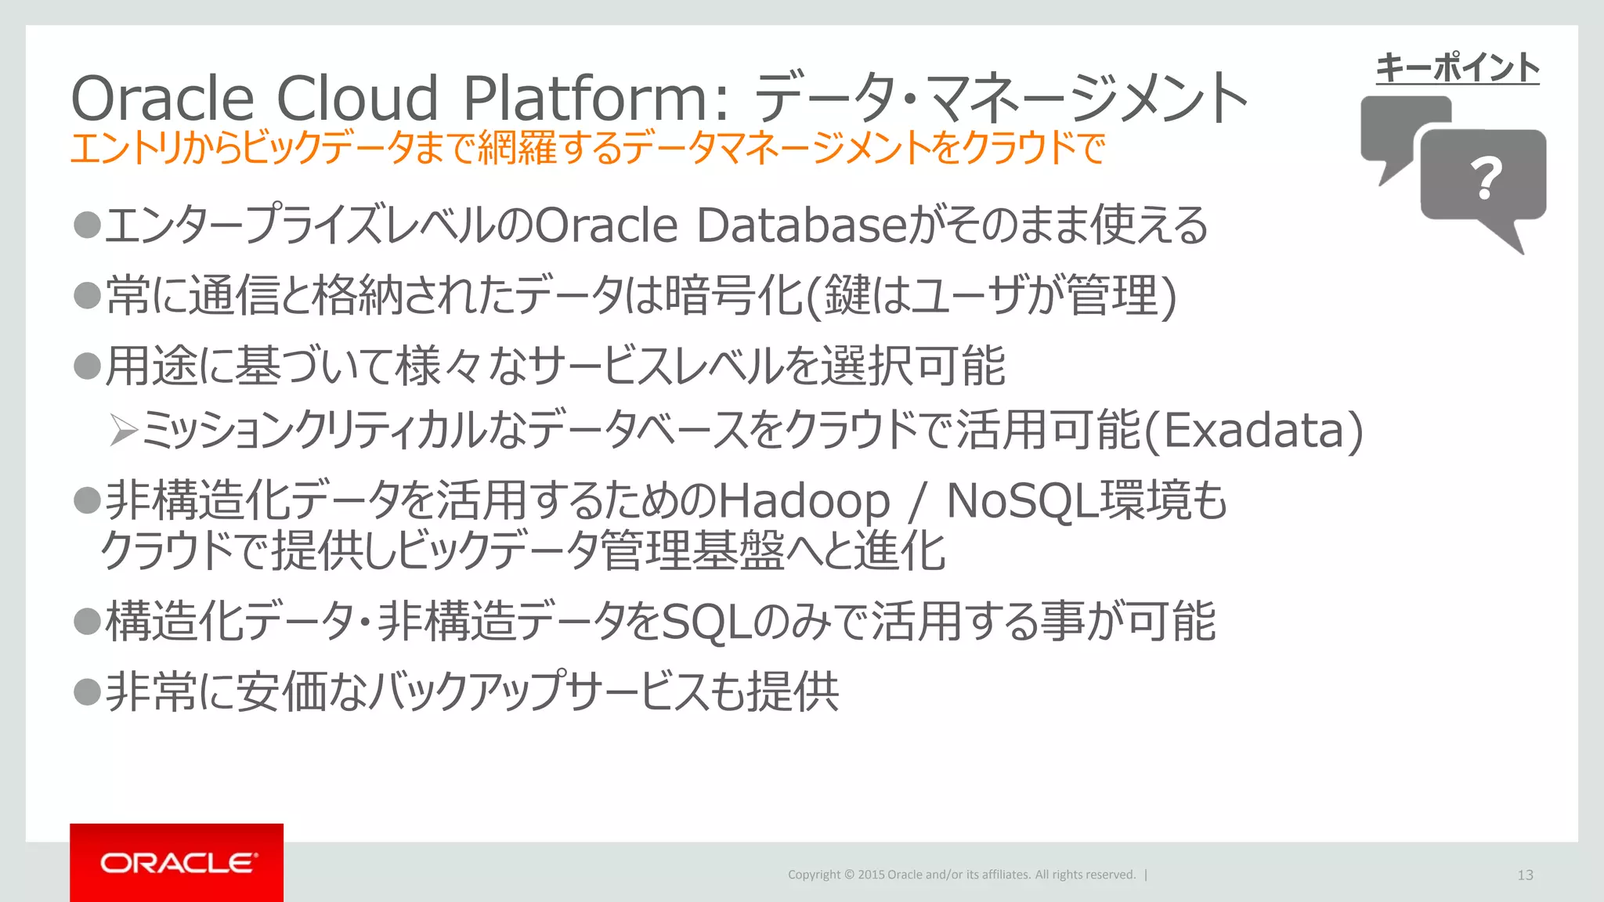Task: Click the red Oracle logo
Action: [177, 862]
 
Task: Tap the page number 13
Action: [1525, 875]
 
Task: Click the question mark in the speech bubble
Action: [1486, 178]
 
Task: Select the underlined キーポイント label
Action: [1458, 68]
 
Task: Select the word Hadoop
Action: [804, 501]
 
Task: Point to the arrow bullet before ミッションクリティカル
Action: [124, 430]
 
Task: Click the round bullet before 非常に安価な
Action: [87, 691]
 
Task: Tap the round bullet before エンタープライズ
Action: [87, 225]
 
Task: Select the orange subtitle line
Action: [587, 148]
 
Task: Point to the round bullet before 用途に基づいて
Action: [87, 365]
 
